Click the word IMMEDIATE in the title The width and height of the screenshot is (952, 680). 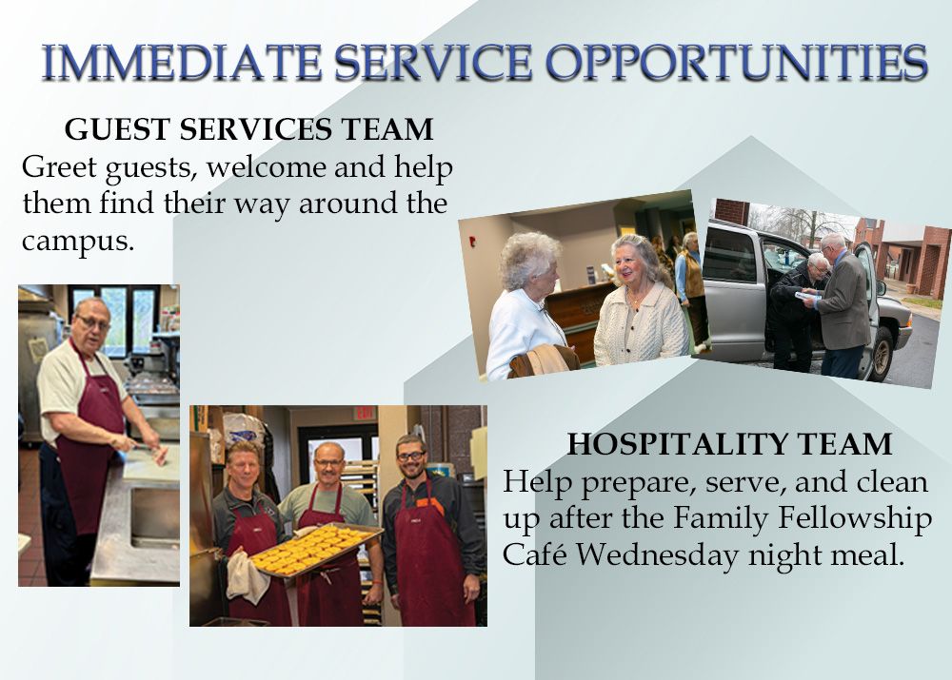point(181,62)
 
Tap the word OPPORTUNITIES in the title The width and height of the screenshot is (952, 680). point(736,62)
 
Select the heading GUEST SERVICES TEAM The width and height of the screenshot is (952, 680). point(248,129)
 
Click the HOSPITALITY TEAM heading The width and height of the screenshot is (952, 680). point(729,444)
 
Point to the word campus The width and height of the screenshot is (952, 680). point(78,242)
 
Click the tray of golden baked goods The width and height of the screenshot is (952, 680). point(316,549)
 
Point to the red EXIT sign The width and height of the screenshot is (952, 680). point(365,413)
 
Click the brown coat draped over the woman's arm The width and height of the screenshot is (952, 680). point(544,361)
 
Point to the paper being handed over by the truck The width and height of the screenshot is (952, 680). point(807,296)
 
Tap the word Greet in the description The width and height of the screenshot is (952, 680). point(59,166)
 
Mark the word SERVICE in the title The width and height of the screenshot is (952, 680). point(433,62)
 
